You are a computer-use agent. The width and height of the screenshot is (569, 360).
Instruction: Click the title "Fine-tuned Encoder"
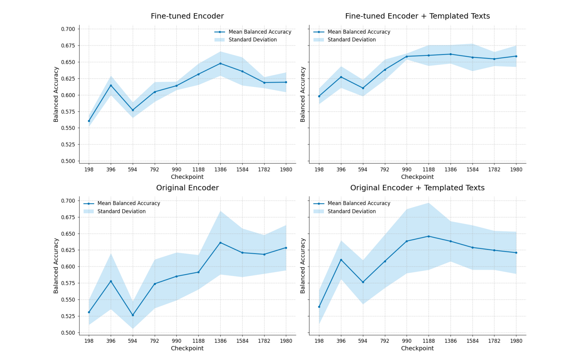coord(187,16)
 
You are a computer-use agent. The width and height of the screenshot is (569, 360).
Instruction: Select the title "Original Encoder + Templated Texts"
coord(417,188)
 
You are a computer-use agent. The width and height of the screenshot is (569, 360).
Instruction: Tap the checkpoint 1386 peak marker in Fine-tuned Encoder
coord(220,63)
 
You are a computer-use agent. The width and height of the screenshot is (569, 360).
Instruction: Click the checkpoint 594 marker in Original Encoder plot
coord(133,315)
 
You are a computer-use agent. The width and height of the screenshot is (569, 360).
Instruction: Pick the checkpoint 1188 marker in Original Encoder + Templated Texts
coord(429,236)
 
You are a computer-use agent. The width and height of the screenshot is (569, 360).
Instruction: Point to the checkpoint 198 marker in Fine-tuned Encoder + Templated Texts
coord(319,96)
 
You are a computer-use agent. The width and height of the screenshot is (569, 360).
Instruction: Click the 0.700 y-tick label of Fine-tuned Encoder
coord(68,29)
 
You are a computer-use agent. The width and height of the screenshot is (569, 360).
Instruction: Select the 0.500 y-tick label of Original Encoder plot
coord(68,333)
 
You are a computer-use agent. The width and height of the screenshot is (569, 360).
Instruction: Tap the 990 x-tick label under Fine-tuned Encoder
coord(176,169)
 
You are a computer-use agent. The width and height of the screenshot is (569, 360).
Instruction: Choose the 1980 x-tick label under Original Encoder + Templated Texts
coord(516,341)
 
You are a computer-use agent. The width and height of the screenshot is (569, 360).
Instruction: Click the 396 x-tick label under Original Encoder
coord(111,341)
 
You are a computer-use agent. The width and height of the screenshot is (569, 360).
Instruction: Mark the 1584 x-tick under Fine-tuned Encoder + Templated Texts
coord(472,169)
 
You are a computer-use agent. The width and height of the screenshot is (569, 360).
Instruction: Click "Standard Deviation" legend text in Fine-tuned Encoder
coord(253,40)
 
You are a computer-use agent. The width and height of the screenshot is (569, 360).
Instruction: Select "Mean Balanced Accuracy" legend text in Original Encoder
coord(129,203)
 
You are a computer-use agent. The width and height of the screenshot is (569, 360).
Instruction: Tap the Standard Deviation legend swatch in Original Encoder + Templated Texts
coord(319,212)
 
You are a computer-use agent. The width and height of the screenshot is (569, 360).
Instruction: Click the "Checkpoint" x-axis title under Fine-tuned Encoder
coord(187,177)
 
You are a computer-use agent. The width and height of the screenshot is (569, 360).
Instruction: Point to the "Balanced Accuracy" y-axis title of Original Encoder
coord(56,266)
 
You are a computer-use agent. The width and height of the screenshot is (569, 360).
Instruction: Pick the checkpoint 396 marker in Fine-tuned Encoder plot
coord(111,85)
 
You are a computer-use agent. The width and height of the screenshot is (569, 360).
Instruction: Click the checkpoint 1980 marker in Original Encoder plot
coord(286,248)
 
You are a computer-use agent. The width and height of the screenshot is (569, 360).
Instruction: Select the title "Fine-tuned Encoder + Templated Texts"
coord(417,16)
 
